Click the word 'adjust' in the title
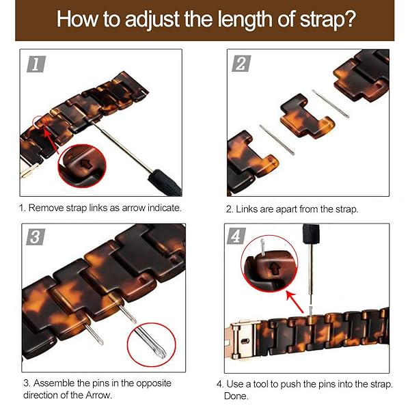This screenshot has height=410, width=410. click(152, 19)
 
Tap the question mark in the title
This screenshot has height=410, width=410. click(348, 18)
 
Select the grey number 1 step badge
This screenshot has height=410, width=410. click(36, 64)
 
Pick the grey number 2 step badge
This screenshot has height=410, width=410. click(242, 64)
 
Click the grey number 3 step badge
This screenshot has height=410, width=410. click(36, 237)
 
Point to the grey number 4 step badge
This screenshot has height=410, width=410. click(236, 236)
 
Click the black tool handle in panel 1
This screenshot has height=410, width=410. click(165, 182)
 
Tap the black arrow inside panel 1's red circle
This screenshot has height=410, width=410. click(85, 164)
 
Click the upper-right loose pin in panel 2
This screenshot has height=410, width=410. click(331, 104)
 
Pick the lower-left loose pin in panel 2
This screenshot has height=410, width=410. click(277, 140)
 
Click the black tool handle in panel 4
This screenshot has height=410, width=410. click(311, 234)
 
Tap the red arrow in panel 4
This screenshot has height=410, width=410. click(295, 302)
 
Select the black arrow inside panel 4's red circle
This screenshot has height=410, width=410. click(275, 269)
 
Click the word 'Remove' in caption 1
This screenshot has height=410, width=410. click(46, 208)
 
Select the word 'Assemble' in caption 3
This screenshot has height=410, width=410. click(53, 383)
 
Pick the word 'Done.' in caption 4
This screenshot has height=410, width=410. click(236, 396)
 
